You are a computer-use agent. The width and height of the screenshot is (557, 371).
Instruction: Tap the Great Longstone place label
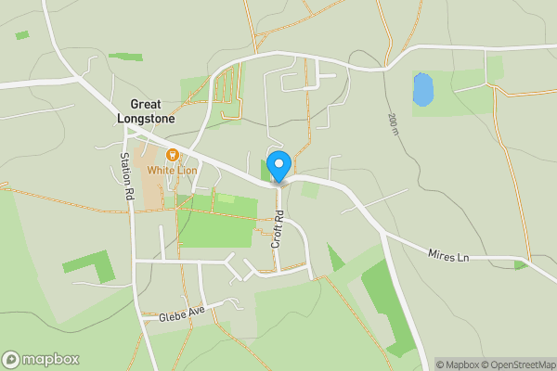point(147,111)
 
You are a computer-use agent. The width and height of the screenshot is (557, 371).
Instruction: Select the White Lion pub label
point(173,171)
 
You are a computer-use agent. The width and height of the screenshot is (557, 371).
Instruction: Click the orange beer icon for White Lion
point(172,155)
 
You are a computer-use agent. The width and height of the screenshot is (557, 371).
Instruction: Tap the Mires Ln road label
point(448,255)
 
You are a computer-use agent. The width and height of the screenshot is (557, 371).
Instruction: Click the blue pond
point(422,90)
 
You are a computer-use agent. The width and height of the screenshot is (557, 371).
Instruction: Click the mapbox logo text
point(51,360)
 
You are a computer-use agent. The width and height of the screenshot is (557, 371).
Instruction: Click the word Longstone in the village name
point(147,119)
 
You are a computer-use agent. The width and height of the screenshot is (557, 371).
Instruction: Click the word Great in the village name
point(147,105)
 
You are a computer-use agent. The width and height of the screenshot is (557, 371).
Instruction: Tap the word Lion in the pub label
point(189,171)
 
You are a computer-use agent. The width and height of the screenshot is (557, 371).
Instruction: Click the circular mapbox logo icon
point(11,360)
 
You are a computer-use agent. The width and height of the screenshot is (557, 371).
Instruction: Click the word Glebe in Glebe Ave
point(173,316)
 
